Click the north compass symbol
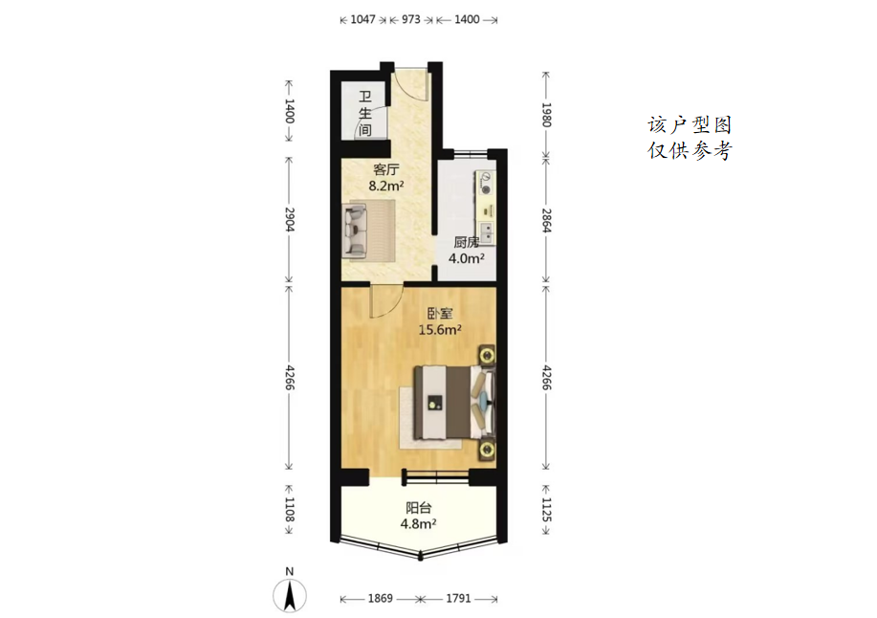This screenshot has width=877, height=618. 290,595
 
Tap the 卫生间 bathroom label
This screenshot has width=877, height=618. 365,114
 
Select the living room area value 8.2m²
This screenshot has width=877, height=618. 386,186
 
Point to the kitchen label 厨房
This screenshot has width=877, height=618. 466,242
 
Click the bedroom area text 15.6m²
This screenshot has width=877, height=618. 440,329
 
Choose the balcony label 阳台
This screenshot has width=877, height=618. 418,508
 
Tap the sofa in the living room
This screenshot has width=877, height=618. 355,231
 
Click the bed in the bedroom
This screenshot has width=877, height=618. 454,402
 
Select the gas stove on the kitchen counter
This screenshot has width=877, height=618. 485,184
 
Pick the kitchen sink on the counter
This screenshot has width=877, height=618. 487,232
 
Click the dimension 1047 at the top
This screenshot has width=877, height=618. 363,19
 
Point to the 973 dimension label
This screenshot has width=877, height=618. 411,19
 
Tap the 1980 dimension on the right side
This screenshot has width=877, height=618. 546,115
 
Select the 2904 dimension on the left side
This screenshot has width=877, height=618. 289,219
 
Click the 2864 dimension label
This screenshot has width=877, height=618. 546,220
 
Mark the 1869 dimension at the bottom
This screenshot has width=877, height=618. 381,599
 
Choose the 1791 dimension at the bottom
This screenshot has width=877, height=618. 458,599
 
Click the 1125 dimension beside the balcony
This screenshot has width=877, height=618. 546,510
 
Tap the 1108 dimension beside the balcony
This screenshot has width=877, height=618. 289,510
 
